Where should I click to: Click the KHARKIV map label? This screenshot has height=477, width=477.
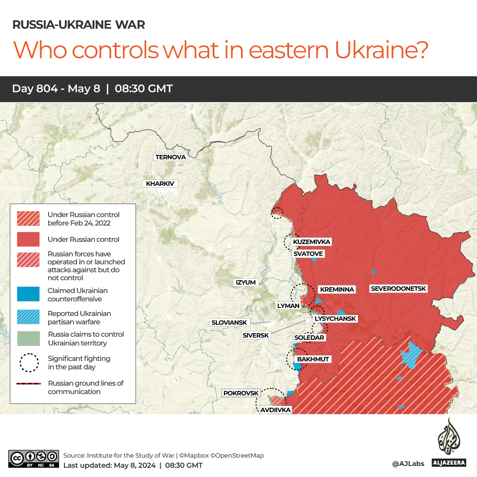[x=160, y=184]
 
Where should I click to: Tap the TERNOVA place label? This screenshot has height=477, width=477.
[x=170, y=157]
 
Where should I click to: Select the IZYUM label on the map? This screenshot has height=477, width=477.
[x=246, y=282]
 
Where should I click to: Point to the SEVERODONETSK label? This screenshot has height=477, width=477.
[x=398, y=289]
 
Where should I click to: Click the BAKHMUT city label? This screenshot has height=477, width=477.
[x=313, y=359]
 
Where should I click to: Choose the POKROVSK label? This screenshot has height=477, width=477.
[x=241, y=393]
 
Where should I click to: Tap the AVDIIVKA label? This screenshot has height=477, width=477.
[x=275, y=410]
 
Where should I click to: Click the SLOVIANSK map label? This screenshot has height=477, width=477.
[x=229, y=323]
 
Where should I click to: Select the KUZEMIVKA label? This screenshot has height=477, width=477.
[x=312, y=242]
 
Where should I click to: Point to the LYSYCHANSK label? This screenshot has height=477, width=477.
[x=335, y=319]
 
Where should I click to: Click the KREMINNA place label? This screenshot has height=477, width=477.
[x=337, y=289]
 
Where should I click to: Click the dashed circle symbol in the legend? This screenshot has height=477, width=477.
[x=28, y=363]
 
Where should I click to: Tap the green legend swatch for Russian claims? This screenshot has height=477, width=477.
[x=28, y=338]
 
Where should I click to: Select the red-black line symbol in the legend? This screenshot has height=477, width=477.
[x=28, y=384]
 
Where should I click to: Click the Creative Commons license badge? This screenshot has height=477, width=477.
[x=34, y=458]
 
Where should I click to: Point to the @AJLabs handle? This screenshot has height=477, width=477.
[x=408, y=464]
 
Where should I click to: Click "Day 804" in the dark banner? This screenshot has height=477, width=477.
[x=35, y=89]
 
